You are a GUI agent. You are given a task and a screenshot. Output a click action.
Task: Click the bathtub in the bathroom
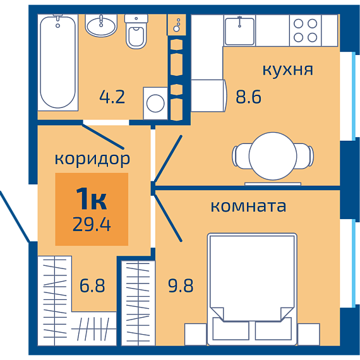pos(58,63)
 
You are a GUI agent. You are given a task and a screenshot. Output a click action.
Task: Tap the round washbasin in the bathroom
pos(101,25)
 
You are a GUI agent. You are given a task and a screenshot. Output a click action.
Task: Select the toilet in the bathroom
pos(136,32)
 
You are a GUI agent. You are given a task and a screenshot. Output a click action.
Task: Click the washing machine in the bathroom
pos(155,104)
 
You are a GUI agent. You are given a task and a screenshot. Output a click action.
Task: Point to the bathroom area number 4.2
pos(112,97)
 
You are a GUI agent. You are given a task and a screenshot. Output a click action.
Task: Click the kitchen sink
pos(239,31)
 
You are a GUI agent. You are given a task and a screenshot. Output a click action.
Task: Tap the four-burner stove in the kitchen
pos(305,30)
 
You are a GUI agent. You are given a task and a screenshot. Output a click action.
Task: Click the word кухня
pos(287,69)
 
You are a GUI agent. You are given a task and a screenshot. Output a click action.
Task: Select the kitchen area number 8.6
pos(249,97)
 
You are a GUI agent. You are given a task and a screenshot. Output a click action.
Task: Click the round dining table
pos(273,156)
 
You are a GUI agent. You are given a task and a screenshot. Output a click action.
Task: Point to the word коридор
pos(92,159)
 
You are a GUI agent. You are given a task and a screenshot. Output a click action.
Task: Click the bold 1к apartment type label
pos(92,198)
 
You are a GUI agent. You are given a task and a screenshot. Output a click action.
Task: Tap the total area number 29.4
pos(92,224)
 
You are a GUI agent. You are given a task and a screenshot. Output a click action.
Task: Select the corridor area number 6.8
pos(92,285)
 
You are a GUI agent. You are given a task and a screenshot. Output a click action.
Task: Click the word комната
pos(248,206)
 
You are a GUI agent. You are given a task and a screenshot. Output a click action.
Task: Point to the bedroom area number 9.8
pos(181,285)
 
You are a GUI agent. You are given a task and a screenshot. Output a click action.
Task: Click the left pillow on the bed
pos(231,329)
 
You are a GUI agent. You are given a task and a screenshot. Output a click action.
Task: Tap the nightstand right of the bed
pos(309,334)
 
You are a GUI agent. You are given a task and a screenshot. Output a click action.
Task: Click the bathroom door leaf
pos(103,136)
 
